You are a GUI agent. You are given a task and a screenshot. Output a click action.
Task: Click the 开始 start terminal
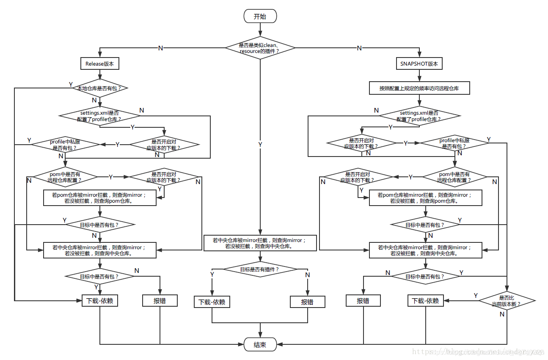click(260, 16)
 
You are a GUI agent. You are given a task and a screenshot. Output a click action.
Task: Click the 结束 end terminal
click(260, 344)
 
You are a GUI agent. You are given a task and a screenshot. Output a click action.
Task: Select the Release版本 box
click(100, 64)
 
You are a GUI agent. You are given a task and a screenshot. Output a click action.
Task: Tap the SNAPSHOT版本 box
click(419, 64)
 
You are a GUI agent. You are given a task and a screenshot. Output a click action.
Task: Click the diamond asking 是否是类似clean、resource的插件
click(260, 48)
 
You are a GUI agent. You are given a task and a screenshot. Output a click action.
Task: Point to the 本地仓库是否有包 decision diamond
click(100, 88)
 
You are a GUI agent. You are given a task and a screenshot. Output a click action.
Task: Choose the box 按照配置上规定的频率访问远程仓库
click(419, 88)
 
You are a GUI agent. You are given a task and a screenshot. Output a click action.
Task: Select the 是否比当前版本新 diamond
click(507, 301)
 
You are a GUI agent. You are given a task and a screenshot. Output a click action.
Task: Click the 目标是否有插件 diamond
click(260, 269)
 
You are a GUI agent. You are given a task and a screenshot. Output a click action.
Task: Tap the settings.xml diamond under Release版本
click(100, 116)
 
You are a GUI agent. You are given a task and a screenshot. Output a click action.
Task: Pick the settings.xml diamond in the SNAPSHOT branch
click(419, 116)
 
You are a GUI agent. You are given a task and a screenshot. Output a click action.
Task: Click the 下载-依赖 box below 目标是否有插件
click(212, 302)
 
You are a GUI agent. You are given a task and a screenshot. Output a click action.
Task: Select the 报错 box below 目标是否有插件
click(307, 302)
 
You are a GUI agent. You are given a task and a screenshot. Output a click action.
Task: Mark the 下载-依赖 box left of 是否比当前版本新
click(425, 301)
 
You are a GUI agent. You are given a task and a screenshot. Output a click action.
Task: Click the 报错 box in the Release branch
click(160, 301)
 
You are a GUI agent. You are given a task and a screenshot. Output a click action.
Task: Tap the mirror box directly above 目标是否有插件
click(260, 243)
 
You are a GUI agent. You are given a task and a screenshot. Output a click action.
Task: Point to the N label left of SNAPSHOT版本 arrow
click(359, 48)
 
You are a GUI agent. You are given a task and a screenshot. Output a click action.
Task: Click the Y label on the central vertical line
click(260, 145)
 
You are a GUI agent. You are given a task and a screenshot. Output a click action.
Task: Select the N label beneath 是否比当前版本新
click(502, 314)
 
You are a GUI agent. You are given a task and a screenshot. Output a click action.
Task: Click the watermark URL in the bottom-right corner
click(478, 352)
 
